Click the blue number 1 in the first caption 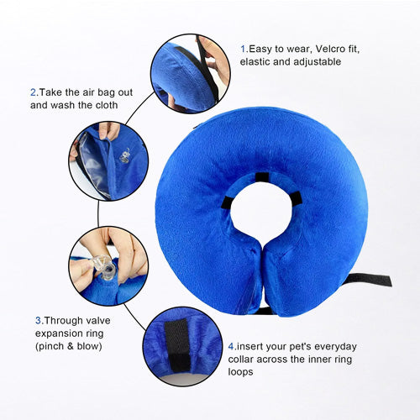[x=243, y=49]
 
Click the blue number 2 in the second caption [x=33, y=92]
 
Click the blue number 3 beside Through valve [x=38, y=320]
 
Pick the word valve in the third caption [x=98, y=320]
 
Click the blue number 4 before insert [x=231, y=346]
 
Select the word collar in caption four [x=240, y=360]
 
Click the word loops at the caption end [x=240, y=372]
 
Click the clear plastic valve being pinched [x=104, y=267]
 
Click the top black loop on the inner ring [x=262, y=177]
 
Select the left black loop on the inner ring [x=227, y=202]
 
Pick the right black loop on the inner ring [x=297, y=198]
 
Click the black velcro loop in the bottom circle [x=177, y=345]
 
